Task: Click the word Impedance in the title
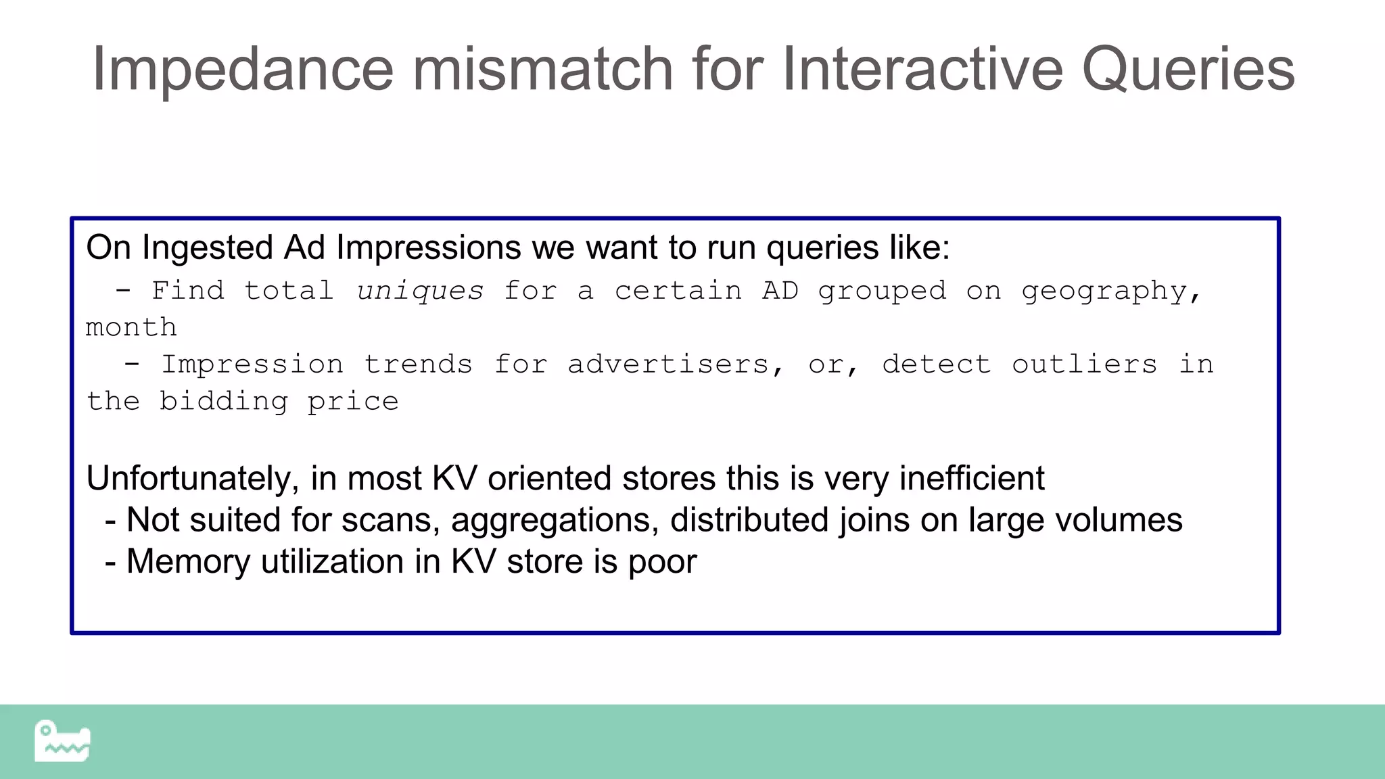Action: [x=242, y=70]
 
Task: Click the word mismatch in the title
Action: [x=542, y=70]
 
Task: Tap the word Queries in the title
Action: [x=1188, y=70]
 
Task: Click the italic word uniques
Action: [x=420, y=291]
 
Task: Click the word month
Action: [x=131, y=328]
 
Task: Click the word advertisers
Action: [x=668, y=365]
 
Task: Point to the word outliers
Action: [x=1084, y=365]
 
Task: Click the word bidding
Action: [x=223, y=402]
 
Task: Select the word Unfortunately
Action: [x=189, y=479]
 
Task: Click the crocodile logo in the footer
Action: [x=62, y=741]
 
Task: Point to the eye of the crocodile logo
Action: [x=45, y=730]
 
